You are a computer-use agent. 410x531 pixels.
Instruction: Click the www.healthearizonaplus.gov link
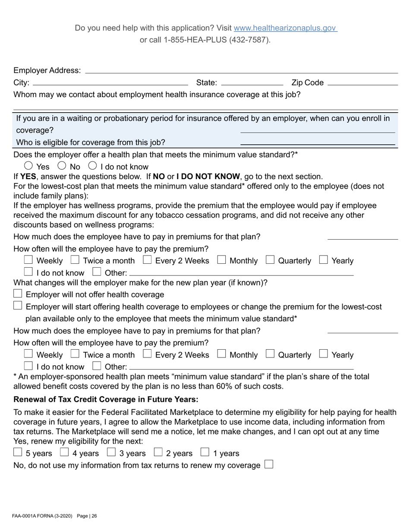(x=285, y=28)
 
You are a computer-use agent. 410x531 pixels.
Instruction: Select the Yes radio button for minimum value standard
(x=28, y=165)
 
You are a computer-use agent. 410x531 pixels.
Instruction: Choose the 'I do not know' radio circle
(x=92, y=165)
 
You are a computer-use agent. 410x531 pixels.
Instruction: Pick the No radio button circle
(x=62, y=165)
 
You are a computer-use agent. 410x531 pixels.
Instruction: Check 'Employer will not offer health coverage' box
(x=18, y=294)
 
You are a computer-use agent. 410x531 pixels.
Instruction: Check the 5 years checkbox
(x=18, y=452)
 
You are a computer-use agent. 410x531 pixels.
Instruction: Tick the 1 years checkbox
(x=205, y=452)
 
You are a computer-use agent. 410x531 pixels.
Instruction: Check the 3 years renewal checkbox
(x=111, y=452)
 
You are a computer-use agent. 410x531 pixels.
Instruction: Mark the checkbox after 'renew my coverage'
(x=269, y=465)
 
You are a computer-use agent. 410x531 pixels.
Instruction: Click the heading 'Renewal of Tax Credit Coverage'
(x=106, y=399)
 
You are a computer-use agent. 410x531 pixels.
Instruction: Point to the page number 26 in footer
(x=94, y=516)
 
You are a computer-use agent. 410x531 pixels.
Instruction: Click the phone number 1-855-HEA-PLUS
(x=205, y=40)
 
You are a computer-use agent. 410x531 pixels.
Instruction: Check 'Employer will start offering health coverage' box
(x=18, y=306)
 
